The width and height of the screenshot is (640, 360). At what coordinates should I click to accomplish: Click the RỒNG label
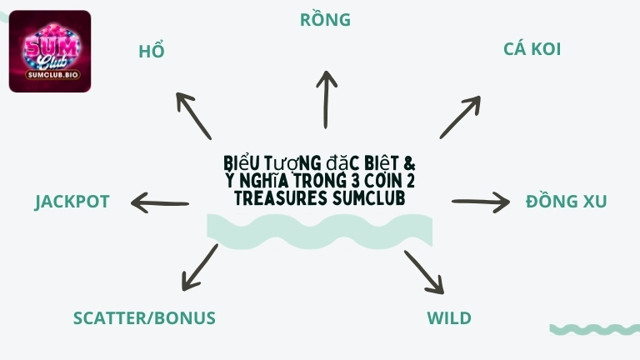(325, 19)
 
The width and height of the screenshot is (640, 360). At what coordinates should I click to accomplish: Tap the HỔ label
(152, 52)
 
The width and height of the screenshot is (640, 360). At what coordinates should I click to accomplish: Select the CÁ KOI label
(532, 49)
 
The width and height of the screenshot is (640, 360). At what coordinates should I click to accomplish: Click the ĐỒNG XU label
(566, 202)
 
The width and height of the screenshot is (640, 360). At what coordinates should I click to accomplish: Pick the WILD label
(449, 318)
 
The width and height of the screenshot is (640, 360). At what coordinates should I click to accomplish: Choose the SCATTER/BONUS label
(144, 318)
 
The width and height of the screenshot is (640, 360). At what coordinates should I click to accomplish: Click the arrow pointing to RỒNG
(326, 98)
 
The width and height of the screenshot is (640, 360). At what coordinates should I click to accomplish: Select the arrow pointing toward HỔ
(193, 115)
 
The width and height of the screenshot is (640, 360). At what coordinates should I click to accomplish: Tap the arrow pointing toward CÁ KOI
(461, 117)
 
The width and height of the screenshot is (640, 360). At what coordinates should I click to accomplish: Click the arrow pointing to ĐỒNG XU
(481, 202)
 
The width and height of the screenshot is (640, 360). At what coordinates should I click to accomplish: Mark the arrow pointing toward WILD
(424, 271)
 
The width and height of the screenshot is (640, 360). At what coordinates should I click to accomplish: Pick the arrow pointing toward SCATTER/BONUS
(199, 267)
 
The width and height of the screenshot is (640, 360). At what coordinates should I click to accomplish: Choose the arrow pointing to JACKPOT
(160, 202)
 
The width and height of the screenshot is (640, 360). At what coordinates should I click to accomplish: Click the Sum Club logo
(50, 50)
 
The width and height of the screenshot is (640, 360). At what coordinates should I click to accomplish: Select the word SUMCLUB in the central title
(368, 199)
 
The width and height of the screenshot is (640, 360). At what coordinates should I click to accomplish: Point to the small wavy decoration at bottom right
(594, 329)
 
